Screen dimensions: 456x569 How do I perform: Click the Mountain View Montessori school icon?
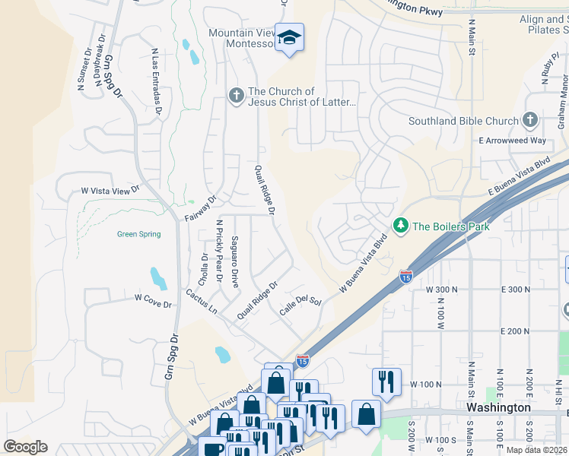coord(289,37)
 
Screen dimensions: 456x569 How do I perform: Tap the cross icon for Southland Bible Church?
coord(530,121)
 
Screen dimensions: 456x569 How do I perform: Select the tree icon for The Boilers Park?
coord(400,226)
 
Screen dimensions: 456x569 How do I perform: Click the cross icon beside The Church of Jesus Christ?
coord(236,96)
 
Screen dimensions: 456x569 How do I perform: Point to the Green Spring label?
coord(138,234)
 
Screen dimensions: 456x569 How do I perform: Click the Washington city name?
coord(498,407)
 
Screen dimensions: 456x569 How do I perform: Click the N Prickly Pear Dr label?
coord(219,251)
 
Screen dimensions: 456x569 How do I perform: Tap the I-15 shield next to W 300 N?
coord(406,277)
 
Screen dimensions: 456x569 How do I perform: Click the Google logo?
coord(25,447)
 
